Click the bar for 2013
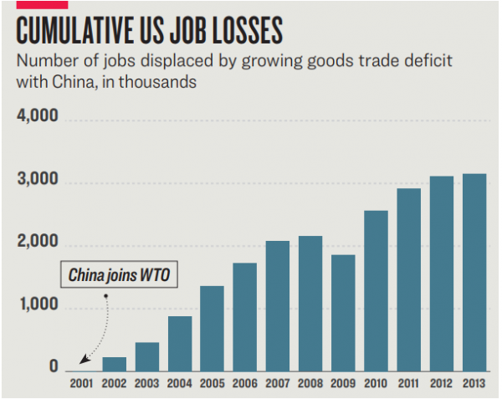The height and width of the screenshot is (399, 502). coord(474,272)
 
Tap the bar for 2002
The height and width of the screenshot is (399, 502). coord(115,363)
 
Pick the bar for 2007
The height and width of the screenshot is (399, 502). coord(278,305)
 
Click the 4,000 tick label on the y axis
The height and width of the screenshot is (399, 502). coord(37,116)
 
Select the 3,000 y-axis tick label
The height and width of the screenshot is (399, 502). coord(37,182)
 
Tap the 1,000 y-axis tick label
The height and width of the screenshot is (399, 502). coord(37,306)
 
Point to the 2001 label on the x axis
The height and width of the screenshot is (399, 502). coord(81,384)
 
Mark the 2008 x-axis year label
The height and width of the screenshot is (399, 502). coord(310,384)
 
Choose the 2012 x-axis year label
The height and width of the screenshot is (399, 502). coord(441,384)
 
